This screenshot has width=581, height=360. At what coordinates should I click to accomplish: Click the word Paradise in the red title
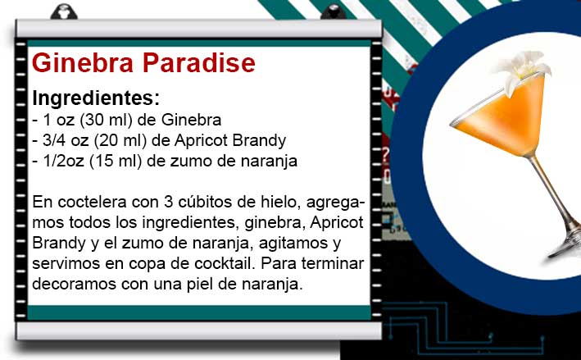[199, 62]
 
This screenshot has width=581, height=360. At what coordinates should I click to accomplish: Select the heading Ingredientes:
[96, 98]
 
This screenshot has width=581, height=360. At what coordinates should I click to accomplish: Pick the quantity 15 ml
[116, 161]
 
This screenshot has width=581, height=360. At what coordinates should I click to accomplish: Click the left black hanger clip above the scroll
[64, 11]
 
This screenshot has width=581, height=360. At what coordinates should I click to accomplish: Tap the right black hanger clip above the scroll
[333, 11]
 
